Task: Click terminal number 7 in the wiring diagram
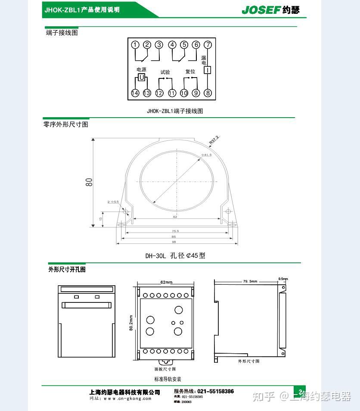tap(208, 45)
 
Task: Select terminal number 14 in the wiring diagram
tap(135, 93)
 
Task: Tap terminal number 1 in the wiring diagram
tap(135, 45)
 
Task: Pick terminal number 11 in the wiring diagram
tap(172, 93)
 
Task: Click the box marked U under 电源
tap(141, 77)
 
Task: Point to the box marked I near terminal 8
tap(207, 70)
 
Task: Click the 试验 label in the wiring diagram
tap(165, 72)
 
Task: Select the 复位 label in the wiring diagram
tap(190, 72)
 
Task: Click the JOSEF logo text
tap(261, 10)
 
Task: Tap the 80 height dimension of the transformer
tap(89, 182)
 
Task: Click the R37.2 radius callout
tap(214, 140)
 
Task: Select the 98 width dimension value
tap(174, 242)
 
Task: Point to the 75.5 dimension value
tap(175, 231)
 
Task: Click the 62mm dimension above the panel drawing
tap(166, 283)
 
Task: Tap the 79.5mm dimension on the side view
tap(250, 281)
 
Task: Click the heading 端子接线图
tap(62, 33)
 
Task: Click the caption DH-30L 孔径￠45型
tap(175, 255)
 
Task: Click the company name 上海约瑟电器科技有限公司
tap(124, 392)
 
